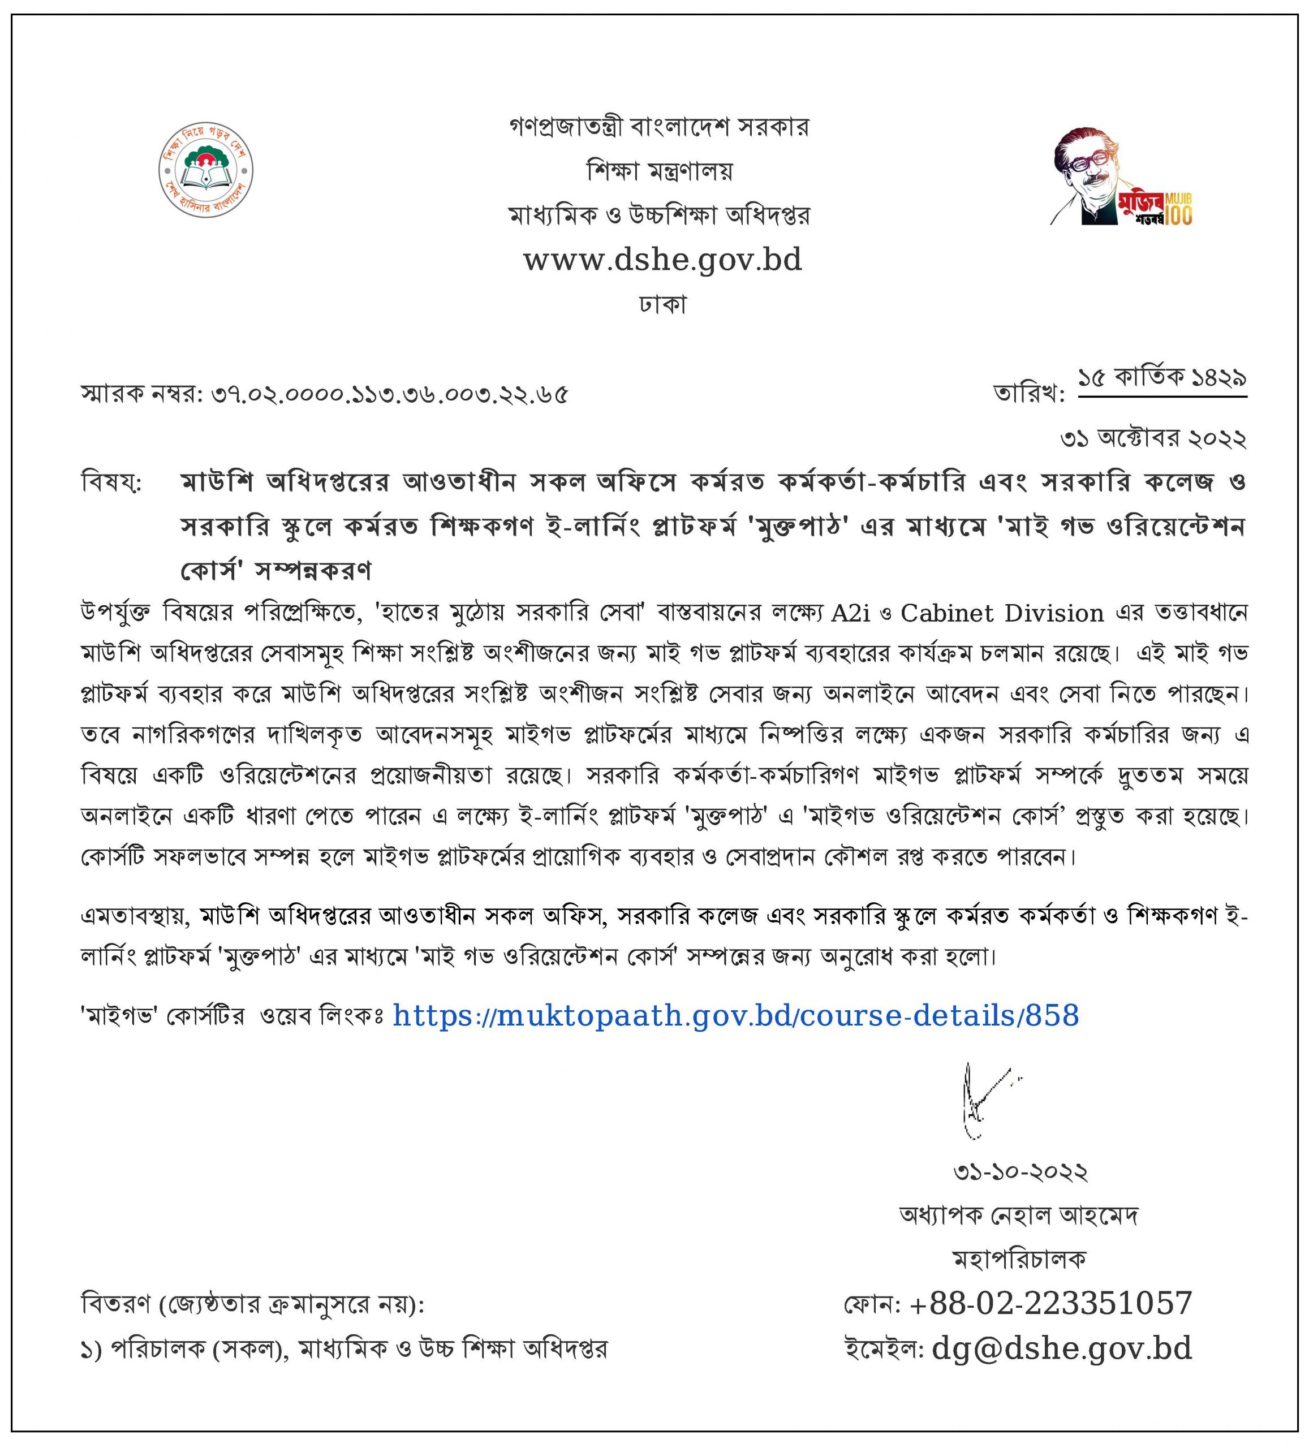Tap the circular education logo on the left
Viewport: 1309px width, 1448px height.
(205, 171)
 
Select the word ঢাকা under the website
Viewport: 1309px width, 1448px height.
(662, 304)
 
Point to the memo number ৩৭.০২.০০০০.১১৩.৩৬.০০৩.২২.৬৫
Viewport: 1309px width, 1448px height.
(389, 394)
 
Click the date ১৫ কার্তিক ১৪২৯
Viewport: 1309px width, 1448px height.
(1162, 378)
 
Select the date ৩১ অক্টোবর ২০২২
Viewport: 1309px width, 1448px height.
(1153, 439)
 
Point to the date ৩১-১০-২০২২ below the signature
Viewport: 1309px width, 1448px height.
(1020, 1171)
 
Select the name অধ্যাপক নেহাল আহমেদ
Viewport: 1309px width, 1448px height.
(1019, 1214)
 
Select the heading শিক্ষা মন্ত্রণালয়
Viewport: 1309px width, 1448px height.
(660, 171)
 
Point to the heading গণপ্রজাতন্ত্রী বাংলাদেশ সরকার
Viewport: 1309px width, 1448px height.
(659, 127)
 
